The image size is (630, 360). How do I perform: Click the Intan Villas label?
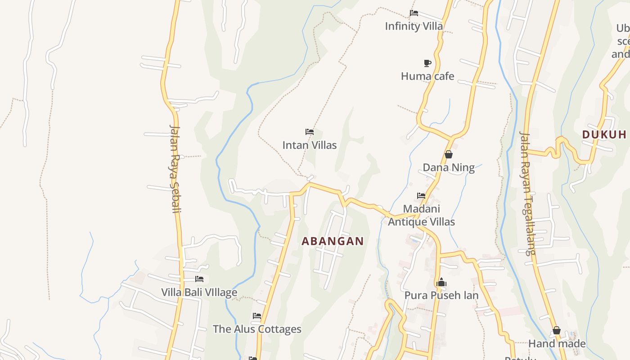pyautogui.click(x=309, y=145)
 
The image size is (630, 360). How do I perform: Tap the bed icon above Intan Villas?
pyautogui.click(x=309, y=132)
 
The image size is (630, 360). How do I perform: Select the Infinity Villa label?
pyautogui.click(x=414, y=26)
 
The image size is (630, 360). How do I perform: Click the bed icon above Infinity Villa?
pyautogui.click(x=414, y=13)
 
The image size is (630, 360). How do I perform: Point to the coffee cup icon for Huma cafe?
pyautogui.click(x=427, y=63)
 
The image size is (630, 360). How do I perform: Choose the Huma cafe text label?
pyautogui.click(x=427, y=76)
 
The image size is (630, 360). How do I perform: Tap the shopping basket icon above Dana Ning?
pyautogui.click(x=448, y=154)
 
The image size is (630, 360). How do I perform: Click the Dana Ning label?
pyautogui.click(x=448, y=168)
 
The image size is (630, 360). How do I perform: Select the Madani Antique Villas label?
pyautogui.click(x=421, y=215)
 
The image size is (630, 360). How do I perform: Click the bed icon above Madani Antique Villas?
pyautogui.click(x=421, y=195)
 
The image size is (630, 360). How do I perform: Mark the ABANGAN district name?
pyautogui.click(x=333, y=241)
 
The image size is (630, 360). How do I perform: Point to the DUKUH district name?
pyautogui.click(x=604, y=135)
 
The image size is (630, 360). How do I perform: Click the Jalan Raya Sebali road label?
pyautogui.click(x=175, y=168)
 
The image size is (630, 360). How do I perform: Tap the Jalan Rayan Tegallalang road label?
pyautogui.click(x=527, y=193)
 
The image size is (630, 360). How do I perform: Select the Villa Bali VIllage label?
pyautogui.click(x=199, y=292)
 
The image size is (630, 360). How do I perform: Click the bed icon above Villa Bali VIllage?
pyautogui.click(x=199, y=279)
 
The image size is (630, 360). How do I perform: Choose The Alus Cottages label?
pyautogui.click(x=257, y=329)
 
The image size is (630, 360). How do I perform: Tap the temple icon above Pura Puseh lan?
pyautogui.click(x=441, y=282)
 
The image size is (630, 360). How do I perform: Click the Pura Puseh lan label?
pyautogui.click(x=441, y=296)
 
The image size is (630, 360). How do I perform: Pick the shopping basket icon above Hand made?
pyautogui.click(x=557, y=330)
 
